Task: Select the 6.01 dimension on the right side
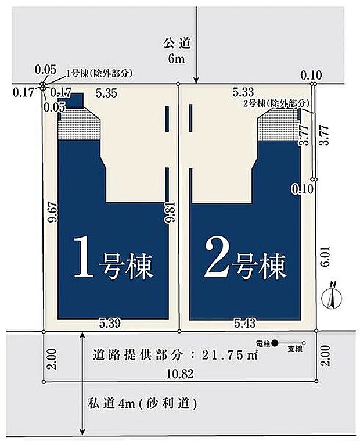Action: (x=326, y=256)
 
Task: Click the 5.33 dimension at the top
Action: (x=243, y=91)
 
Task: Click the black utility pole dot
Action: (x=275, y=343)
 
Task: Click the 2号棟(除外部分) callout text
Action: (x=275, y=102)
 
